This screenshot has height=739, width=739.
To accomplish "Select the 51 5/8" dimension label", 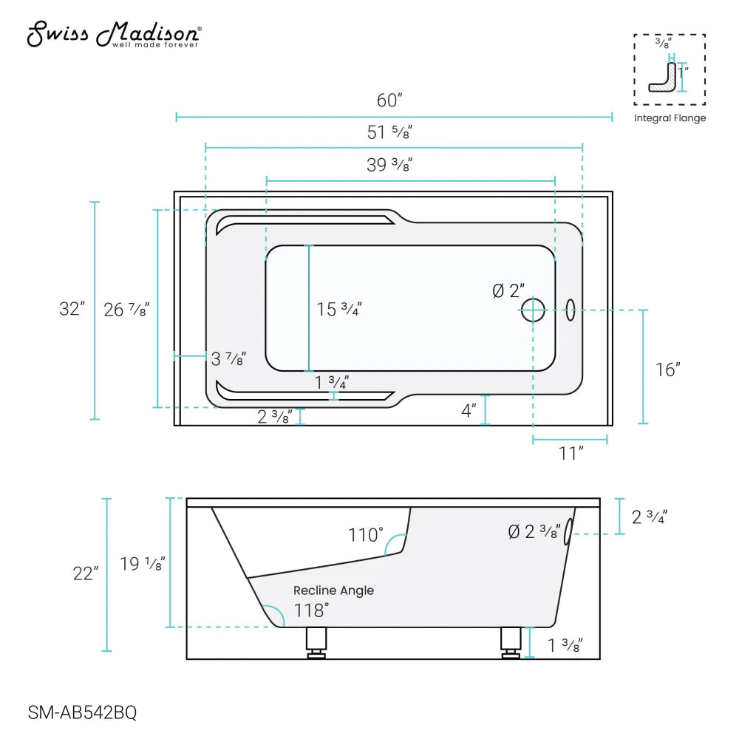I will [x=389, y=133].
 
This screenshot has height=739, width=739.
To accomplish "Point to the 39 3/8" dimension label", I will [x=389, y=166].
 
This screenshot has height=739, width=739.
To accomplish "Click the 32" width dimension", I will [x=72, y=309].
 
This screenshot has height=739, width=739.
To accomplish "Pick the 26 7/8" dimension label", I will [x=126, y=310].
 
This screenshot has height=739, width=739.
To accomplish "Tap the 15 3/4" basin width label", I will [x=339, y=310].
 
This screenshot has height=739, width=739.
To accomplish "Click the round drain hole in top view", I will [x=533, y=310].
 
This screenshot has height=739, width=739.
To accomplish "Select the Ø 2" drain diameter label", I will [x=508, y=291].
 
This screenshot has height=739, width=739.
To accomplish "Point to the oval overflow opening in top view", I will [x=571, y=310].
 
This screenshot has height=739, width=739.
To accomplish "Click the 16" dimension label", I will [x=667, y=369].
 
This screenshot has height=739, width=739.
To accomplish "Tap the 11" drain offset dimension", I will [x=571, y=453].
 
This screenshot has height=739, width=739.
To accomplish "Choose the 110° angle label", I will [x=366, y=535].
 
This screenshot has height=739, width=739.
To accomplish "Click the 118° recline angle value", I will [x=310, y=610].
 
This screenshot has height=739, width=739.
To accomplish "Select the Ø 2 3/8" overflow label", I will [x=534, y=532].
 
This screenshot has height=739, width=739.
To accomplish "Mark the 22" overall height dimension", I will [x=86, y=573].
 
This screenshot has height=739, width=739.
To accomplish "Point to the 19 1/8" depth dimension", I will [x=142, y=565].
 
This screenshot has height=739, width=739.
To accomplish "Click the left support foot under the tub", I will [x=316, y=641].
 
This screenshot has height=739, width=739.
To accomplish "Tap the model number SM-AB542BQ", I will [x=82, y=713].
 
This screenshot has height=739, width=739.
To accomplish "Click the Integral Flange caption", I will [x=670, y=118].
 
